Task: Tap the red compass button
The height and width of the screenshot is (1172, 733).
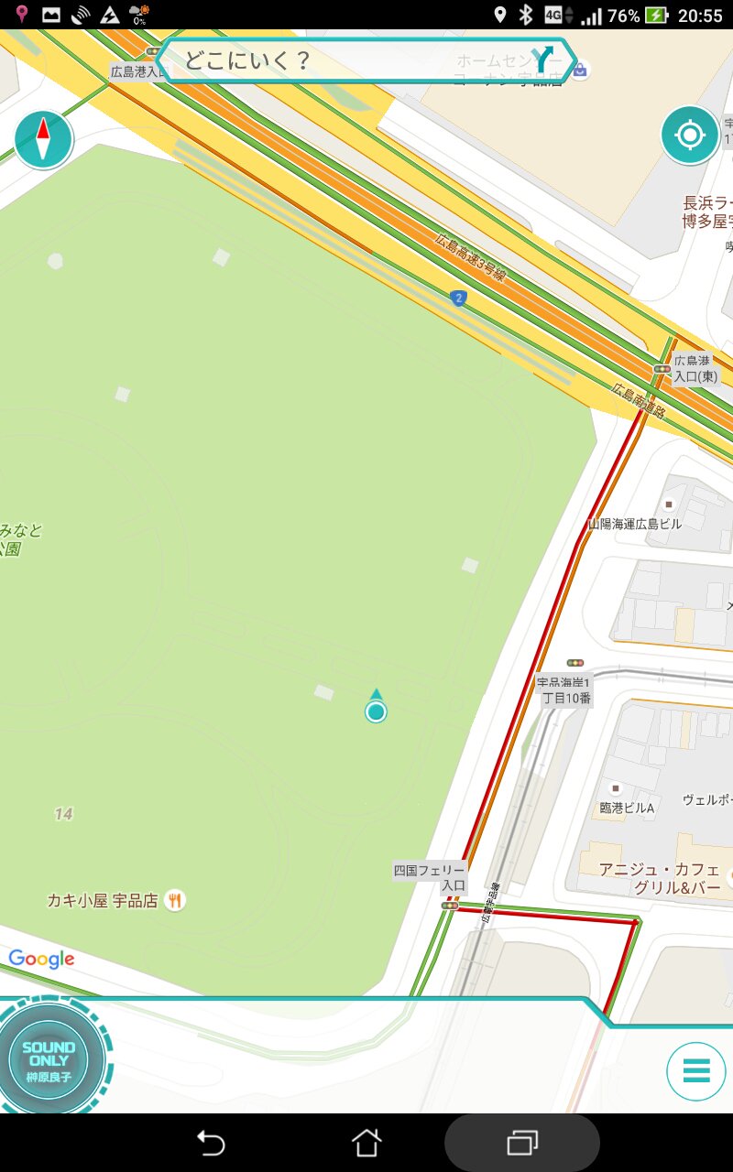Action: [43, 140]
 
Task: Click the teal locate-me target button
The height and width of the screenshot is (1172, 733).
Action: [690, 136]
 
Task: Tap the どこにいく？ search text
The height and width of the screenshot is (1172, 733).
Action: [247, 61]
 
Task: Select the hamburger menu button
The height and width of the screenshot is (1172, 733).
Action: [696, 1070]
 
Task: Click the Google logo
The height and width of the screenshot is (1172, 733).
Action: [41, 959]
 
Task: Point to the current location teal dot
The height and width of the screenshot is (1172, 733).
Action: [376, 711]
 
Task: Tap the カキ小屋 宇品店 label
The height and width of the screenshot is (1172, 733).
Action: [103, 901]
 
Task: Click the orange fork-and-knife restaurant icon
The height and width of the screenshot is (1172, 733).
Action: [175, 901]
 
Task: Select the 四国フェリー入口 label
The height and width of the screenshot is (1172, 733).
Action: [430, 878]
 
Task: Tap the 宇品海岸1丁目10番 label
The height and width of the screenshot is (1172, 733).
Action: [564, 689]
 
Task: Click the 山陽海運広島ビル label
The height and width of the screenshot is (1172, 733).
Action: [635, 525]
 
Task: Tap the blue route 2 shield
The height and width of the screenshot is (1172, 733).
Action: [458, 298]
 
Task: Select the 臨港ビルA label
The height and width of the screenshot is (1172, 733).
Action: [627, 808]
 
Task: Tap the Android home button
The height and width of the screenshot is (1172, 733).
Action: [366, 1143]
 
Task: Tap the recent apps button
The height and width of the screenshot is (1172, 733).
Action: [522, 1143]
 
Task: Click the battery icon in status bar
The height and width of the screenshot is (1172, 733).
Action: [656, 15]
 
